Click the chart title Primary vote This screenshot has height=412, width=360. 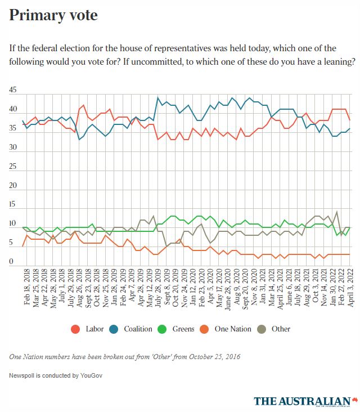click(53, 15)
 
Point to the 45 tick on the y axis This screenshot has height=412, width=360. click(13, 90)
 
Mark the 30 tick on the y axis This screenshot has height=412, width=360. click(13, 147)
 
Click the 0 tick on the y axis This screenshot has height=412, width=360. click(11, 262)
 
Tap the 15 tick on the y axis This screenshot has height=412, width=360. click(13, 205)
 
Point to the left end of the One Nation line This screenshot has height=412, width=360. click(22, 247)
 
